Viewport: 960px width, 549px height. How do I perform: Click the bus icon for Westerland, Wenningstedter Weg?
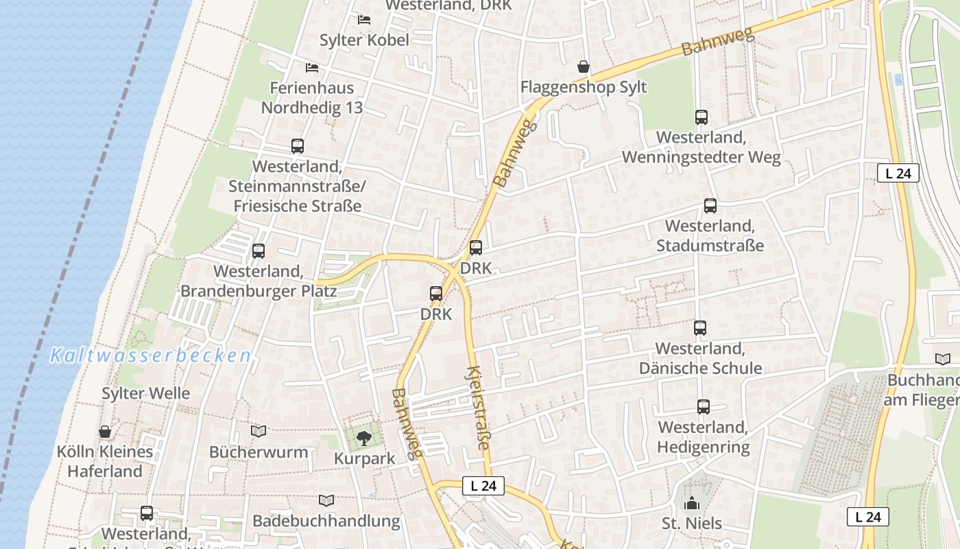point(701,117)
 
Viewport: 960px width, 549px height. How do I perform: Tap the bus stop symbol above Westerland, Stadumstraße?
point(710,206)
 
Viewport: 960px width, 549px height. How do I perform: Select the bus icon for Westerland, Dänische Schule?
point(699,328)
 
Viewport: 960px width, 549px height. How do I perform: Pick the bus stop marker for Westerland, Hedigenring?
point(703,407)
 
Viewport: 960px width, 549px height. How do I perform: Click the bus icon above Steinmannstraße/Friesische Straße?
point(297,146)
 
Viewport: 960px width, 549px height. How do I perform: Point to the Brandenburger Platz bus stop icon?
point(258,251)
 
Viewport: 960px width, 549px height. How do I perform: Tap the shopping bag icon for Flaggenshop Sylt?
point(583,67)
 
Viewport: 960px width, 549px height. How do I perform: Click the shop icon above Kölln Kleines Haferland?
point(105,432)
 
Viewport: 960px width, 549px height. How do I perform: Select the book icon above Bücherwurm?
point(258,431)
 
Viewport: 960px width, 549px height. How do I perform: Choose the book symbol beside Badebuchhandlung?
point(326,501)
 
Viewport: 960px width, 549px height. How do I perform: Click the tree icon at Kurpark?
point(364,437)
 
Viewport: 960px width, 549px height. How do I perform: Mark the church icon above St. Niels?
point(692,503)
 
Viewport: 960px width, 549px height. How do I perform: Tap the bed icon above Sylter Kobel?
point(364,19)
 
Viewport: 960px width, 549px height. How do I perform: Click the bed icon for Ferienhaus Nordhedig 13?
point(312,67)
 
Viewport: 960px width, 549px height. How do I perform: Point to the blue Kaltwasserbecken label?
point(150,355)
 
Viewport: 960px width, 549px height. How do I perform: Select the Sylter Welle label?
point(145,393)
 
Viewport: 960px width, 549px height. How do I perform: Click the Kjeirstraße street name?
point(477,408)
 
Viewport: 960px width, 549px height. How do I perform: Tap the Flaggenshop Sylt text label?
point(583,88)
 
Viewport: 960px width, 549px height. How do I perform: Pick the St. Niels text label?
point(692,524)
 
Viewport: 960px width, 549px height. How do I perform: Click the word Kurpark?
point(364,458)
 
